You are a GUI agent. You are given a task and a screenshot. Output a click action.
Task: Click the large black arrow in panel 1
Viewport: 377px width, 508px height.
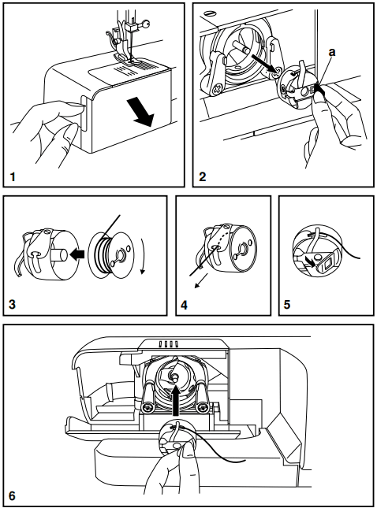141,113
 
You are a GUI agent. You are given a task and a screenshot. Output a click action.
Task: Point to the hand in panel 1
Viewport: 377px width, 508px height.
43,126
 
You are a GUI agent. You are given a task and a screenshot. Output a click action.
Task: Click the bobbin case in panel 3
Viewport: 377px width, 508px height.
39,254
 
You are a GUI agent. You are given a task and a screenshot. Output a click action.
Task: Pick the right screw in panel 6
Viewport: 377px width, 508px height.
204,408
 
